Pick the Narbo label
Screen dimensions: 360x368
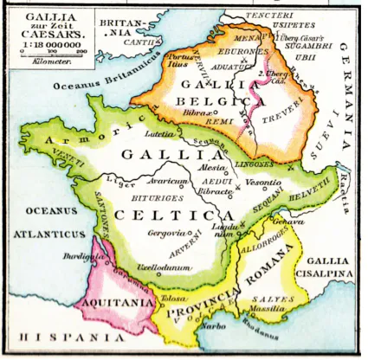(214, 329)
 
